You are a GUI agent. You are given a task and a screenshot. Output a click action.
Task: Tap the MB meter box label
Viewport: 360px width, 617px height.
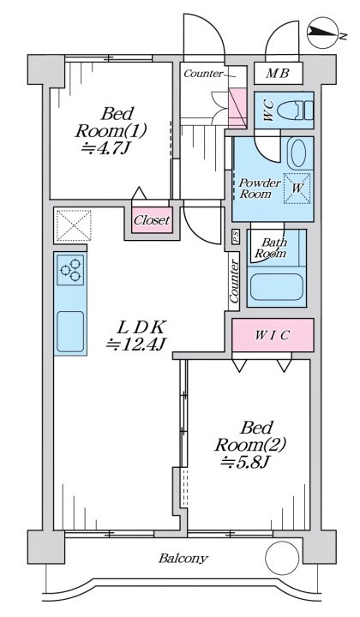click(x=278, y=74)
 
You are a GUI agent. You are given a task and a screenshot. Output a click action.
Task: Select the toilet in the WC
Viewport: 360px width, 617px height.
click(x=295, y=111)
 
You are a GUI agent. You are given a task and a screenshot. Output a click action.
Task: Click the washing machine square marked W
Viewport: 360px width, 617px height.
click(x=297, y=188)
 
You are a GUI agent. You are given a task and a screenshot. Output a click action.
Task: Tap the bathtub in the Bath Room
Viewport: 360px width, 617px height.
click(x=277, y=287)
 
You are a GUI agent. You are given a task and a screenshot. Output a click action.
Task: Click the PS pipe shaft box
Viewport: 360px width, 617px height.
click(x=236, y=237)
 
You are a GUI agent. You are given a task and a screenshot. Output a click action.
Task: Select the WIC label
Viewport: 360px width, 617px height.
click(x=273, y=335)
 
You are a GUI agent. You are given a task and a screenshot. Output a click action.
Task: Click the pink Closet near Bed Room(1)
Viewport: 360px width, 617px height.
click(x=152, y=220)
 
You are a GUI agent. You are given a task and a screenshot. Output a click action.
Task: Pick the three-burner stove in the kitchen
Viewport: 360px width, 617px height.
click(x=70, y=270)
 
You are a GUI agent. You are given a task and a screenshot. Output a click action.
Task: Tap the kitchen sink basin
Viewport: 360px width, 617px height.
click(x=70, y=332)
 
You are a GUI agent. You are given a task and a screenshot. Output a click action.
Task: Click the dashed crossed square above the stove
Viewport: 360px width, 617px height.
click(x=73, y=225)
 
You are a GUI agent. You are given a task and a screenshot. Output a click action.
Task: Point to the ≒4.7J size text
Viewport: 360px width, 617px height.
click(x=106, y=149)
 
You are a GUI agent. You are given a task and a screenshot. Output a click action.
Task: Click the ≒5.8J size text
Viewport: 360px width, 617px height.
click(x=245, y=462)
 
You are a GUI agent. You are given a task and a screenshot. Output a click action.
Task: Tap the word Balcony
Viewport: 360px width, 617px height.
click(x=183, y=558)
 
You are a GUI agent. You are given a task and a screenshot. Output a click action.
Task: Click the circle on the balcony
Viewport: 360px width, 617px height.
click(x=282, y=559)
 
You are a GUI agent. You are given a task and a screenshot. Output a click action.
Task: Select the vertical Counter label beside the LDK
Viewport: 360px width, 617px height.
click(x=234, y=281)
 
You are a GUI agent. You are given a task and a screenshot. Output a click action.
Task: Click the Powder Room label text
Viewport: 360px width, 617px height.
click(x=260, y=188)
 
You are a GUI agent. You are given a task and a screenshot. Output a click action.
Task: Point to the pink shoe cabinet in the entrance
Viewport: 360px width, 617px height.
click(x=237, y=108)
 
